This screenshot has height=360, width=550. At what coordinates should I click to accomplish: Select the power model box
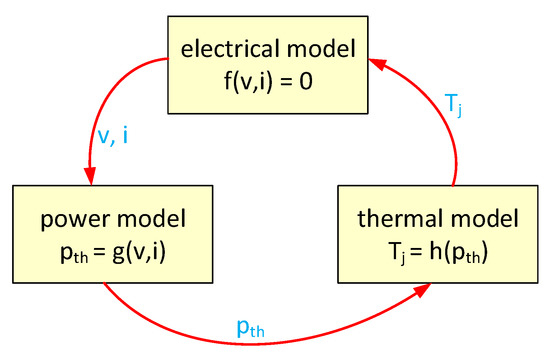104,230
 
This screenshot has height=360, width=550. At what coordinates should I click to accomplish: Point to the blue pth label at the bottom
250,330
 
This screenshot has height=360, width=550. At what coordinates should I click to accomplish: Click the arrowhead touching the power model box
90,175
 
